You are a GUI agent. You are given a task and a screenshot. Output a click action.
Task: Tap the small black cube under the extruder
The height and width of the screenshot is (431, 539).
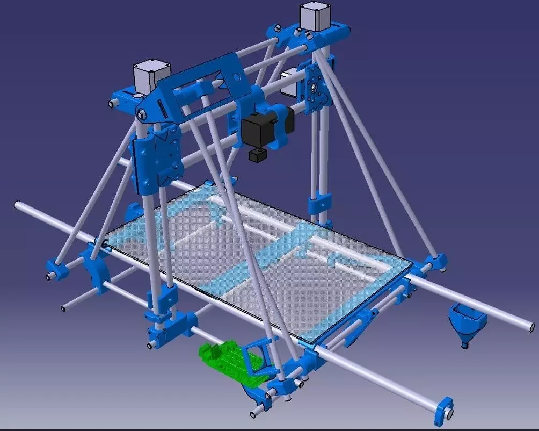(257, 155)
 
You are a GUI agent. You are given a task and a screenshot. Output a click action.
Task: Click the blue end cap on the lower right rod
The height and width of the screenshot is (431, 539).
(446, 410)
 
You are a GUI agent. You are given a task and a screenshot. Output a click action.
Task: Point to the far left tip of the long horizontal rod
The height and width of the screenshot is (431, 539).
(18, 205)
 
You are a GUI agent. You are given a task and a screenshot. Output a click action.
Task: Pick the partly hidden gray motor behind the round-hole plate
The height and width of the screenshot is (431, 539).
(290, 81)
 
